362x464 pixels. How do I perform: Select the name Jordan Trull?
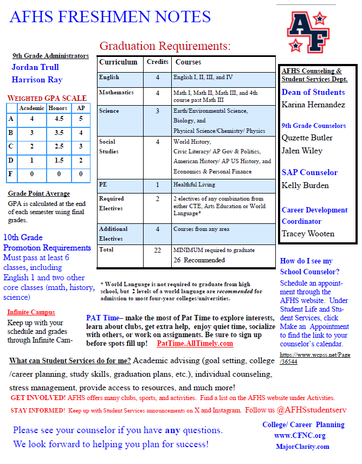pos(35,67)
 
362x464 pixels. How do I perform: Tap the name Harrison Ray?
pos(37,80)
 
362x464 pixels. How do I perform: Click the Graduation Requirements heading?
pos(165,46)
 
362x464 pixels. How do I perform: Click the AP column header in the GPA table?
pos(81,108)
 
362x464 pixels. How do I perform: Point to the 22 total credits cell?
pos(157,250)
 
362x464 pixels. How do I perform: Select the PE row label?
pos(103,184)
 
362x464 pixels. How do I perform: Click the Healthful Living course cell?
pos(195,184)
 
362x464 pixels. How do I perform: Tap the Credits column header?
pos(157,62)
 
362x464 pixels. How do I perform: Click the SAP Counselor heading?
pos(309,172)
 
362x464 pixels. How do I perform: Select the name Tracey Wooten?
pos(308,234)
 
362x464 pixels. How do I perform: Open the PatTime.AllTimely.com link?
pos(195,344)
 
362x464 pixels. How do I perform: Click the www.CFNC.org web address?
pos(300,435)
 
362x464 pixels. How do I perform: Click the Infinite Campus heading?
pos(31,312)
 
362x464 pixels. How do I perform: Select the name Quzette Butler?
pos(307,138)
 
